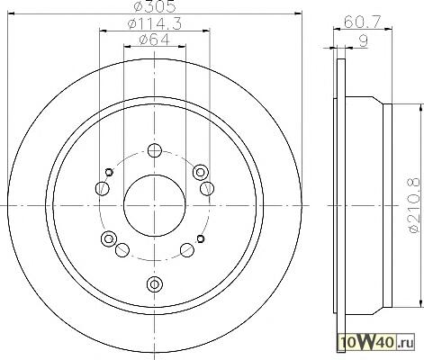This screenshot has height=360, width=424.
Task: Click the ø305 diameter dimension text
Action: coord(154,6)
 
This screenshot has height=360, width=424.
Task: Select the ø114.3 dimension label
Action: coord(154,23)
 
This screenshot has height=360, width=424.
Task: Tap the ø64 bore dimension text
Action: coord(155,40)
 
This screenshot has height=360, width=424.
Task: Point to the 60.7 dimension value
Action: coord(362,22)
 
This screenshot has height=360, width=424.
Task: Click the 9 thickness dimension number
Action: coord(363,41)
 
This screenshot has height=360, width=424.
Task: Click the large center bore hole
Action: coord(155,206)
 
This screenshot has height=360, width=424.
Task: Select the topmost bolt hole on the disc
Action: coord(155,150)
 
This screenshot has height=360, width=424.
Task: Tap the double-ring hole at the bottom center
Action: coord(155,283)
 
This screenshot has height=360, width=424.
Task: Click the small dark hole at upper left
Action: coord(109,172)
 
